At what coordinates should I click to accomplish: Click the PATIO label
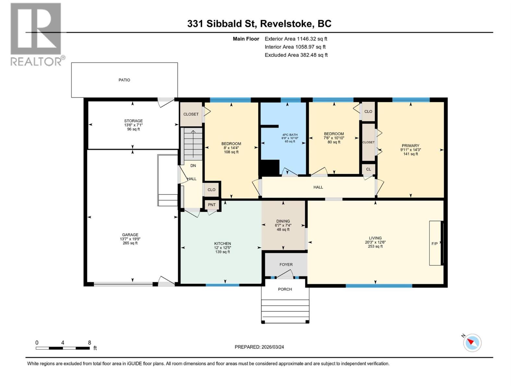click(x=124, y=80)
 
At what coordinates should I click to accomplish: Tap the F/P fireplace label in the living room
click(x=434, y=243)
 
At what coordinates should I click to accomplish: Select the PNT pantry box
click(x=211, y=205)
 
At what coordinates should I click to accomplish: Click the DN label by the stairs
click(x=193, y=166)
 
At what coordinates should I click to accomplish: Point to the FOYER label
click(x=286, y=265)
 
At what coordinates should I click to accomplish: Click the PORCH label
click(x=285, y=289)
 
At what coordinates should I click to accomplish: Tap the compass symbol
click(x=472, y=343)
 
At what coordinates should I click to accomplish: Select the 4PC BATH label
click(x=290, y=135)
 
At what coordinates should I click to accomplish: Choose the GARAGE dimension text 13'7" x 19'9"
click(x=130, y=239)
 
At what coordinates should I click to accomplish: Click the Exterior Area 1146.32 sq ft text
click(x=296, y=39)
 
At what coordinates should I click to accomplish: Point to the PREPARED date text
click(x=259, y=347)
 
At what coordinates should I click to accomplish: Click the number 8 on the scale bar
click(x=90, y=342)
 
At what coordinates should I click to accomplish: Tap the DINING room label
click(x=283, y=221)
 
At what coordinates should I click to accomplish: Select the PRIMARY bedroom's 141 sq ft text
click(x=410, y=154)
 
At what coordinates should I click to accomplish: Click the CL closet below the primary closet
click(x=368, y=169)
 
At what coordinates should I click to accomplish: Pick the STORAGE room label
click(x=133, y=121)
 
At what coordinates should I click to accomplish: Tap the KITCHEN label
click(x=223, y=243)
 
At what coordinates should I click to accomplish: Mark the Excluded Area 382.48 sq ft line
click(x=296, y=55)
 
